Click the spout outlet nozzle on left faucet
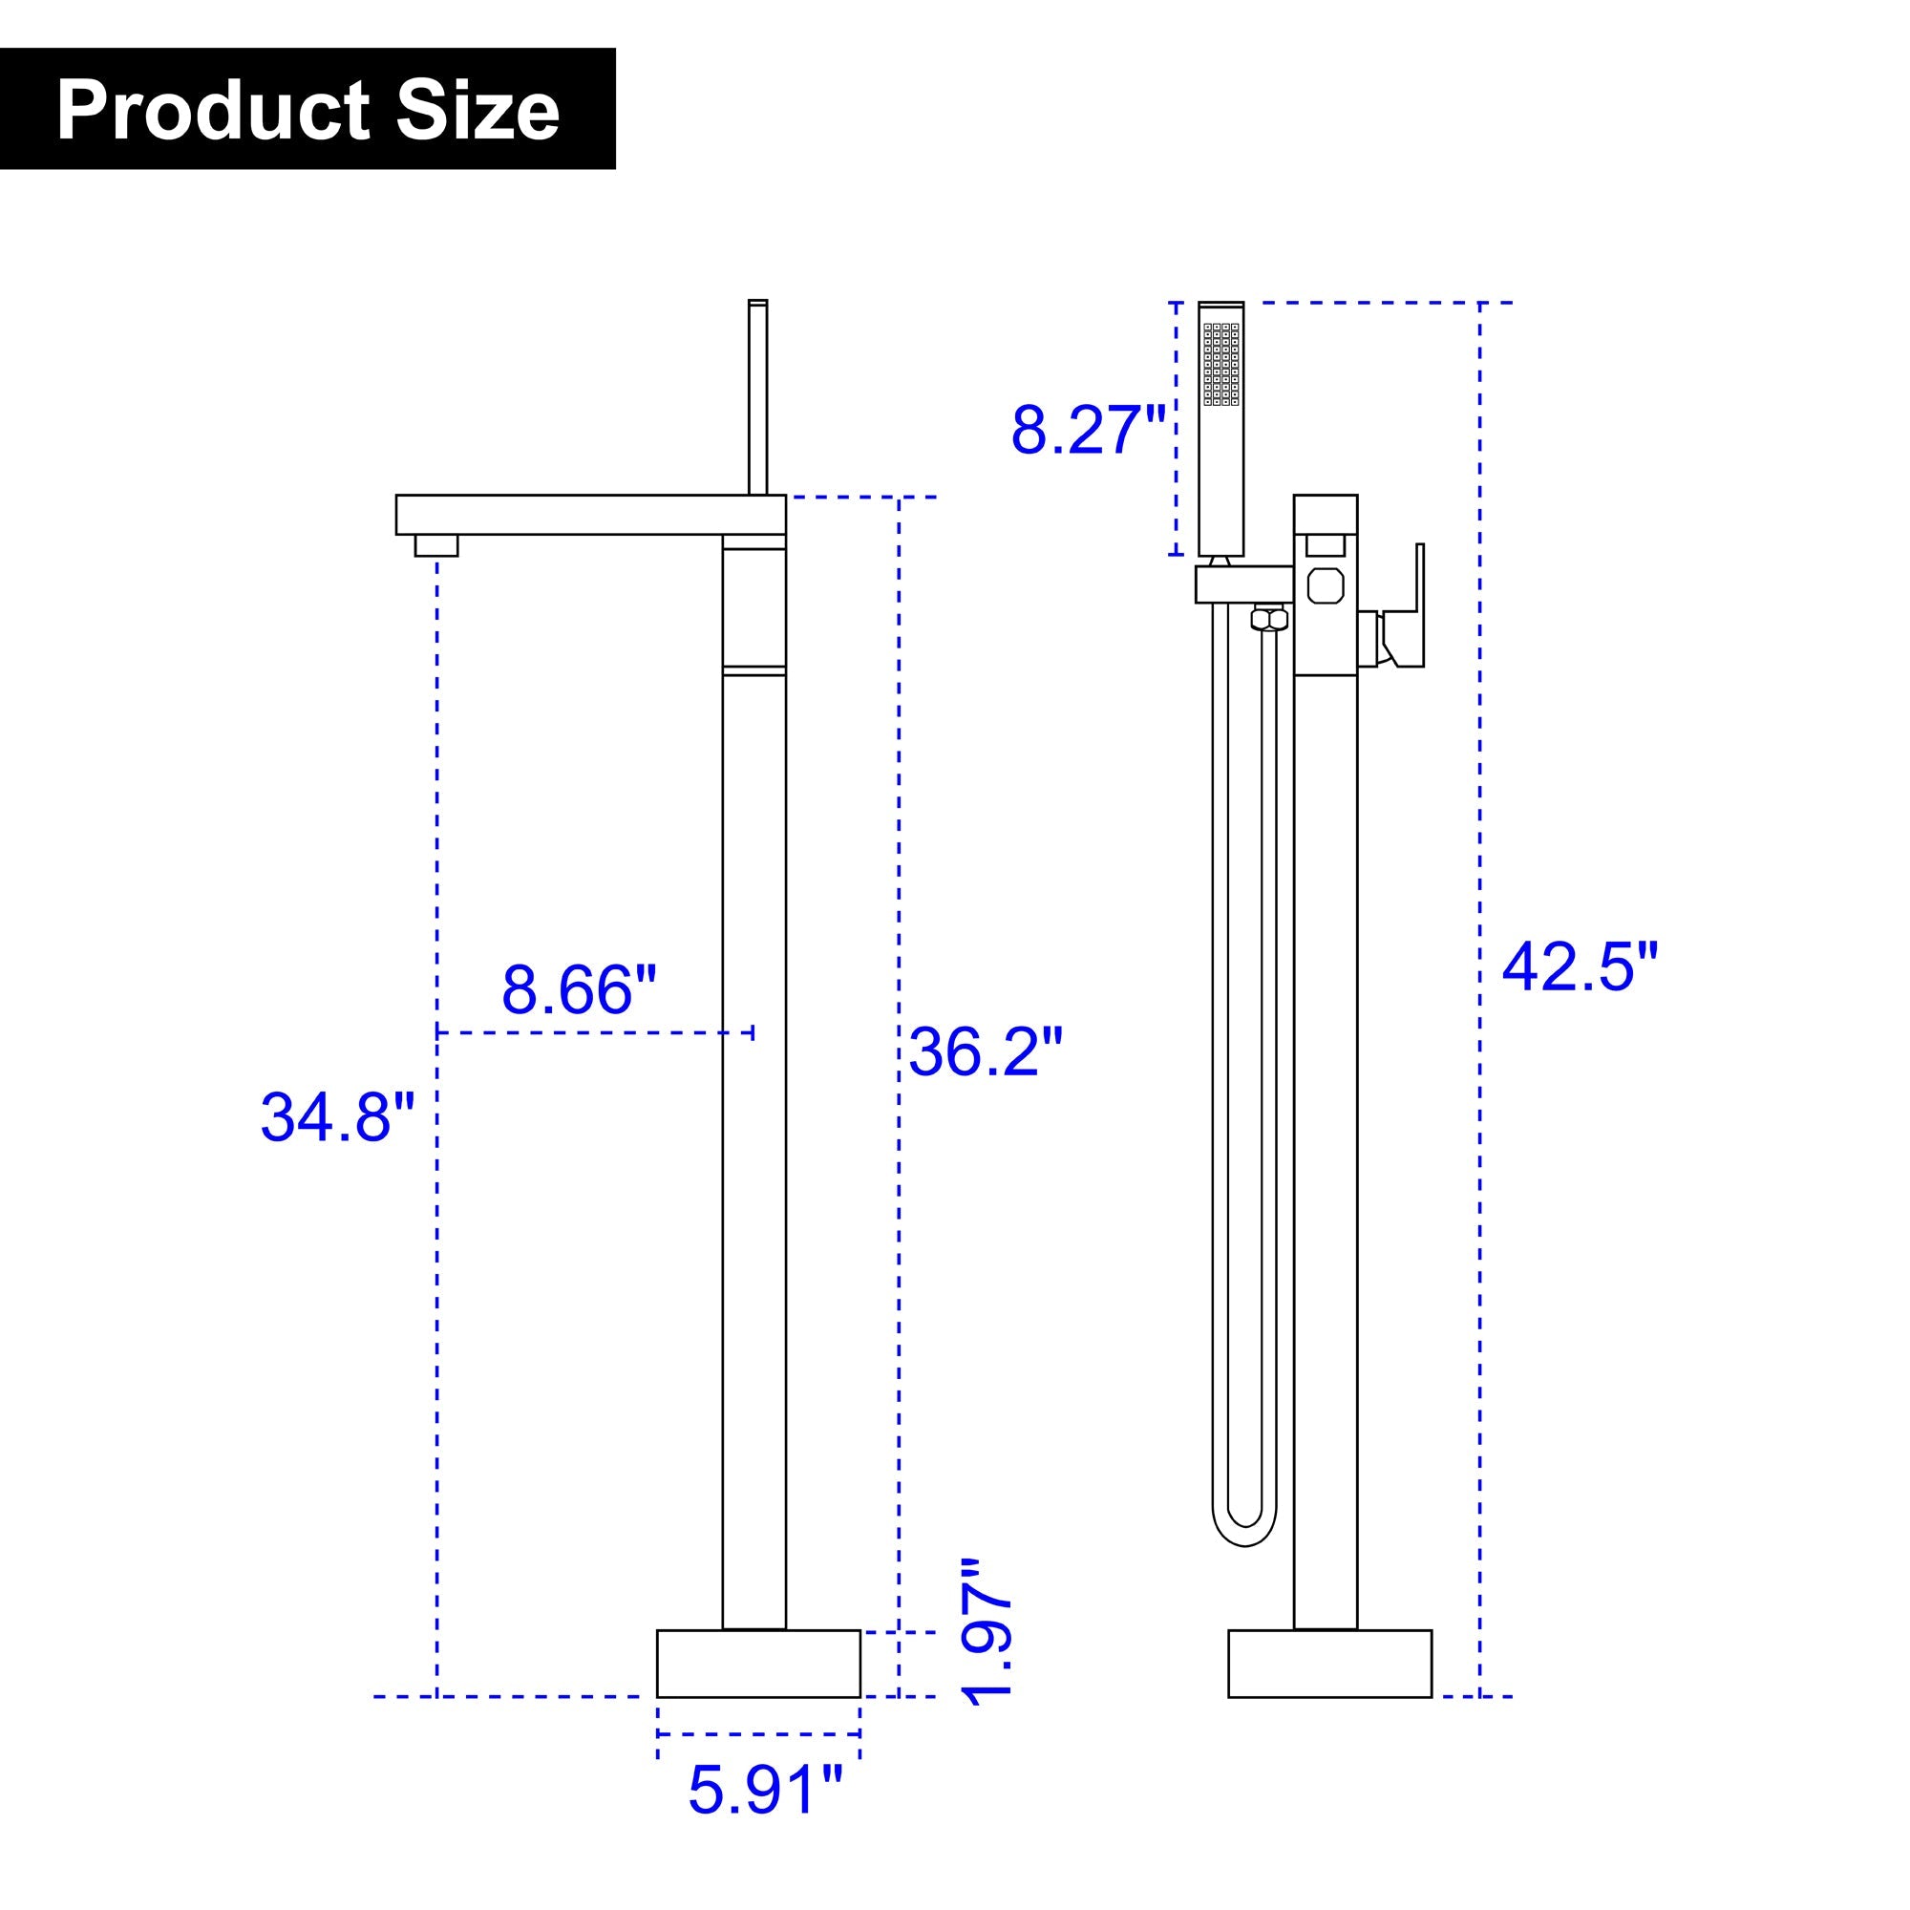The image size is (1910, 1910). click(x=436, y=545)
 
